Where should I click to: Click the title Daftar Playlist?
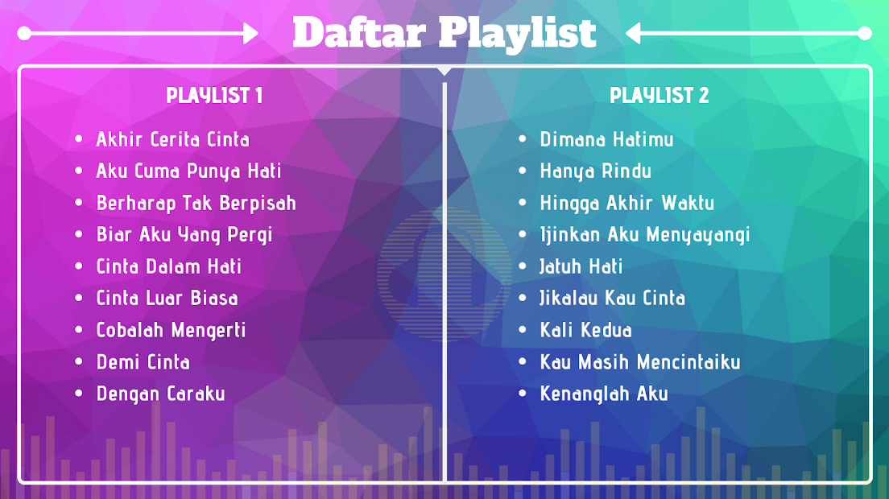click(444, 33)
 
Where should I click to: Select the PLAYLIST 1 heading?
click(214, 95)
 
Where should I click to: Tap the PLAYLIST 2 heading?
click(659, 95)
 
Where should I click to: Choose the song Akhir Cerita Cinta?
click(173, 139)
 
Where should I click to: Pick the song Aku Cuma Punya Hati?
click(188, 171)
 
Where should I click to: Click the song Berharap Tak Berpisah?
click(196, 203)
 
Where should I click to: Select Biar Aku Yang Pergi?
click(184, 234)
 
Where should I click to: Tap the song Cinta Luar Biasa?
click(167, 298)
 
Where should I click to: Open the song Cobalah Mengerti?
click(172, 330)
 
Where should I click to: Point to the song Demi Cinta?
click(143, 362)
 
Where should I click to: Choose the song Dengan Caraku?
click(160, 394)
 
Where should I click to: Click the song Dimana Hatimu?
click(606, 139)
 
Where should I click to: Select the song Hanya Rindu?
click(595, 171)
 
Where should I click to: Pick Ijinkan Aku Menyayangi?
click(645, 234)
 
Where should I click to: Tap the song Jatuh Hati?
click(581, 266)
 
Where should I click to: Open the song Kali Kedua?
click(585, 330)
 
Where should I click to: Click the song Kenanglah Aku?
click(604, 394)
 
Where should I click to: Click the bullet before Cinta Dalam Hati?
click(79, 266)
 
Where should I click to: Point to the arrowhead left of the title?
click(250, 34)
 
